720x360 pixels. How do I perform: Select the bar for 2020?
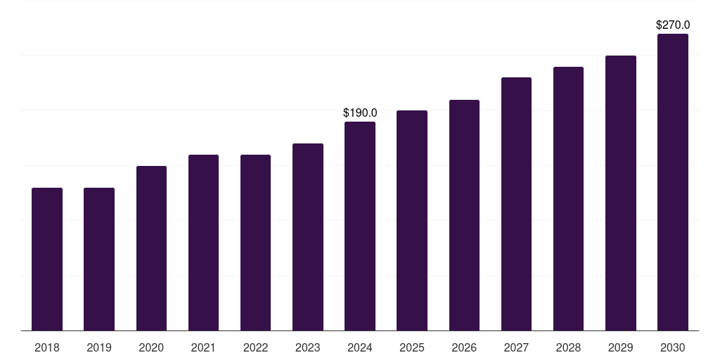[151, 248]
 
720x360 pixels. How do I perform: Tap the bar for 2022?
[255, 243]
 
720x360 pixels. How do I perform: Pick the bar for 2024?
[360, 226]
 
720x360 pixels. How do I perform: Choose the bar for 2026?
[464, 215]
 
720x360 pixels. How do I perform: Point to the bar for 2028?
[568, 198]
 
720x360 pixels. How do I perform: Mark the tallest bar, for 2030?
[673, 182]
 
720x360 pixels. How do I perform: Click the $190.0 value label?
[360, 112]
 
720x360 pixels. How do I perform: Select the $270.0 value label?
[673, 25]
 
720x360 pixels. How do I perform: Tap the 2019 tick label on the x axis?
[99, 347]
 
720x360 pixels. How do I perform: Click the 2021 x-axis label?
[203, 347]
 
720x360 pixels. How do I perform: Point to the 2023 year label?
[308, 347]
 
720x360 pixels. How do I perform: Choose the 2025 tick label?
[412, 347]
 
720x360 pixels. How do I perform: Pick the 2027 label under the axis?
[516, 347]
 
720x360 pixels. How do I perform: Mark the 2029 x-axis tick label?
[621, 347]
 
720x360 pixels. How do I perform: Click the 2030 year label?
[673, 347]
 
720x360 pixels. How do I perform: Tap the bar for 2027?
[516, 204]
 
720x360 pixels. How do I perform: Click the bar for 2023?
[308, 237]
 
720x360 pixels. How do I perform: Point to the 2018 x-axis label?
[47, 347]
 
